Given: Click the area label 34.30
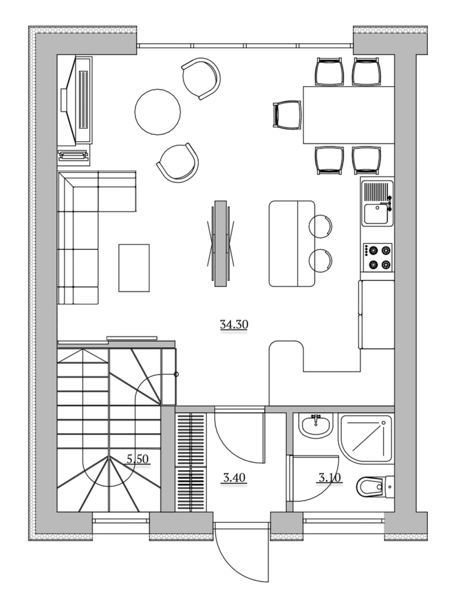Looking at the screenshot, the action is pos(234,325).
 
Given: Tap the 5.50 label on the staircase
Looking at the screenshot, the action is pos(138,459).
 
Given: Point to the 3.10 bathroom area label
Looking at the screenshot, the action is pos(330,477).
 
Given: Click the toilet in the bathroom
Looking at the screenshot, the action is pos(375,487).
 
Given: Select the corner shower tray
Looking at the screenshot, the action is pos(366,439).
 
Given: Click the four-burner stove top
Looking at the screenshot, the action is pos(378,257).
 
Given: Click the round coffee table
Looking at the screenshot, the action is pos(157,112).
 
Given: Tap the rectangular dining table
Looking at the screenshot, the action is pos(349,115).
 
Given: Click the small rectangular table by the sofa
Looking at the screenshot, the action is pos(134,268).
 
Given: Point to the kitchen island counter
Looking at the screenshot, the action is pos(292,244).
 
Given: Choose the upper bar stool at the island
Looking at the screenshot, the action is pos(320,226).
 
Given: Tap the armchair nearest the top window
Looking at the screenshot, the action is pos(201,78).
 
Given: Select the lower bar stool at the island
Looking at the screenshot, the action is pos(320,261).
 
